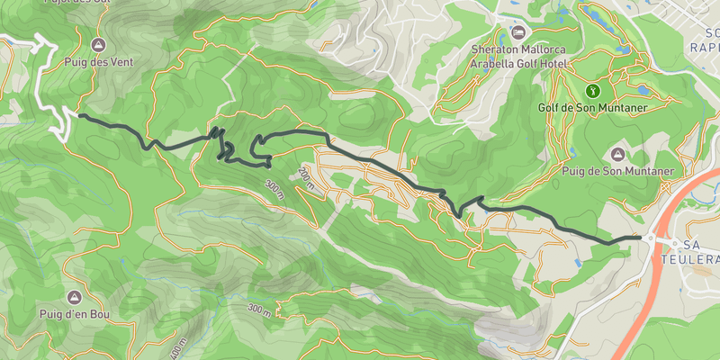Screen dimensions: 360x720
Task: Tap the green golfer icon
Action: click(593, 90)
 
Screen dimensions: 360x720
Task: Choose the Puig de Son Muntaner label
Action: click(618, 170)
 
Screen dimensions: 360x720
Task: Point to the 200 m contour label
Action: click(307, 179)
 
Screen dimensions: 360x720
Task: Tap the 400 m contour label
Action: click(179, 348)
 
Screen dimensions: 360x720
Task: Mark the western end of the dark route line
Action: click(80, 115)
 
